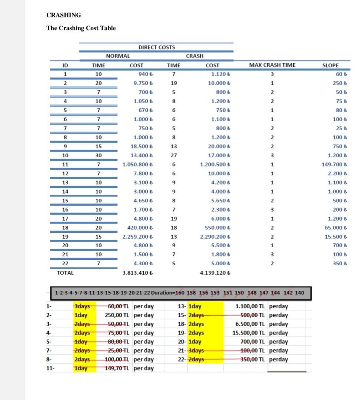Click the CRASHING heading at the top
[x=64, y=15]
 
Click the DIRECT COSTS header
[x=156, y=47]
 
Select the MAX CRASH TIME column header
[x=272, y=65]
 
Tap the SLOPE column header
[x=330, y=65]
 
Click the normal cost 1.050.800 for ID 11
[x=137, y=164]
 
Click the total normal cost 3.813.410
[x=137, y=273]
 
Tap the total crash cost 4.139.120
[x=215, y=273]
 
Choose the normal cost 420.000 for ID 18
[x=140, y=228]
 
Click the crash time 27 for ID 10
[x=174, y=155]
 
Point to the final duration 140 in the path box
[x=300, y=293]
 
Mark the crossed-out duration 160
[x=180, y=293]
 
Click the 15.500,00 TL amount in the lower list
[x=248, y=333]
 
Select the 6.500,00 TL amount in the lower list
[x=250, y=324]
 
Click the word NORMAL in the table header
[x=118, y=56]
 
